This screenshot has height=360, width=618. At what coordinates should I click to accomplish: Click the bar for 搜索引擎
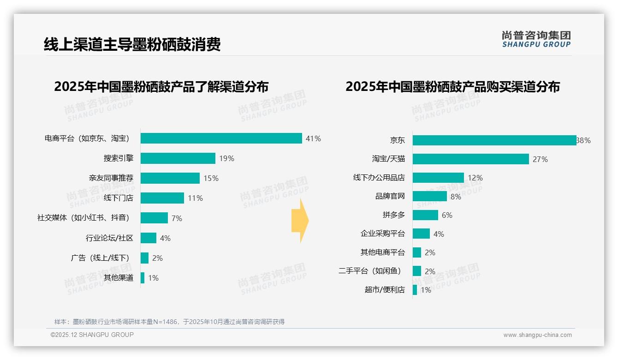[178, 158]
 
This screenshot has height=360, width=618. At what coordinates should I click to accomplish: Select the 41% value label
[313, 138]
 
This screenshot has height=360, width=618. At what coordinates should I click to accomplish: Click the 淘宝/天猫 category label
[388, 159]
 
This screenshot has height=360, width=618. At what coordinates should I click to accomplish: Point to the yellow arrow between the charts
[300, 221]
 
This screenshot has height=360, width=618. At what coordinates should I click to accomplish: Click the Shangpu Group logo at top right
[536, 39]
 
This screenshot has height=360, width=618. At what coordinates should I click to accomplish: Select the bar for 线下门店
[162, 198]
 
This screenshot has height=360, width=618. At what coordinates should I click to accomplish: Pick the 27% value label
[540, 159]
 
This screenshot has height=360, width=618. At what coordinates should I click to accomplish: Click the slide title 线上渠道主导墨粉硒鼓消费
[132, 44]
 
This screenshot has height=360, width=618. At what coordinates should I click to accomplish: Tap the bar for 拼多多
[425, 215]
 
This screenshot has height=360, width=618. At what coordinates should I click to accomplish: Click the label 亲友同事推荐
[111, 178]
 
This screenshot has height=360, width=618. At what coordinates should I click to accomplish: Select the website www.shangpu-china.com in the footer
[537, 335]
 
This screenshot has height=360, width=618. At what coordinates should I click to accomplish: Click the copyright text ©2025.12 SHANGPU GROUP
[92, 335]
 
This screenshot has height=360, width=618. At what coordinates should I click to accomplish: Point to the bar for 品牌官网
[430, 196]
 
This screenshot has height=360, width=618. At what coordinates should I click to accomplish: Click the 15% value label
[211, 178]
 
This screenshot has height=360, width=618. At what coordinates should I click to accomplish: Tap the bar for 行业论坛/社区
[149, 238]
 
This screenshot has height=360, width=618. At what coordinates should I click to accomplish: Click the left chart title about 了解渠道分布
[161, 87]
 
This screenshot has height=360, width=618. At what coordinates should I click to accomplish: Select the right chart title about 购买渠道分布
[452, 87]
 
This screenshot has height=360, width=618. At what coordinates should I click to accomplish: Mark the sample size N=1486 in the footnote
[166, 322]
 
